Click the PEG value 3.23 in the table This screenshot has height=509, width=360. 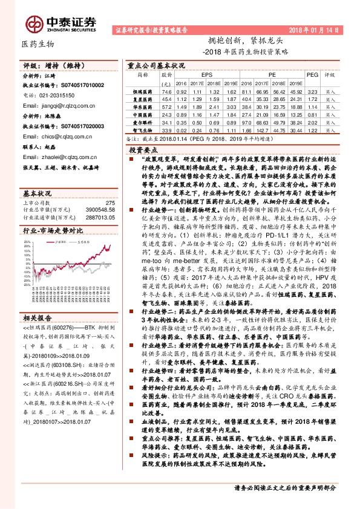point(311,89)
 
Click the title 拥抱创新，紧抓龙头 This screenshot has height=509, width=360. point(241,41)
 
